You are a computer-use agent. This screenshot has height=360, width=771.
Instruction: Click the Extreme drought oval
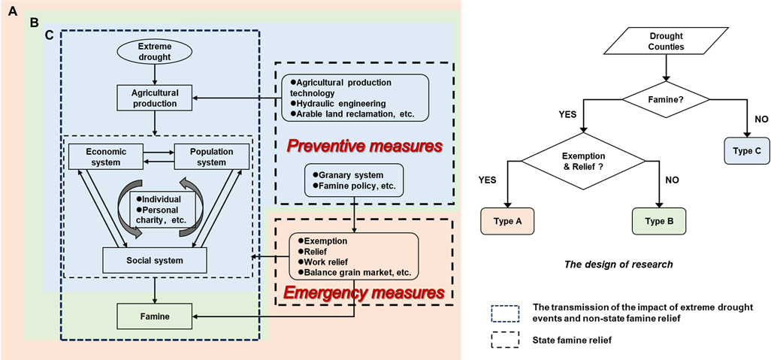pos(154,51)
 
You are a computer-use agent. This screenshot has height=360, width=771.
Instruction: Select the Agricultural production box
pos(154,97)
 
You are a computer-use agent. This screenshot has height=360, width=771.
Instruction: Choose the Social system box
pos(153,260)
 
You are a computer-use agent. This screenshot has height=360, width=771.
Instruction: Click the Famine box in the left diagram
pos(153,316)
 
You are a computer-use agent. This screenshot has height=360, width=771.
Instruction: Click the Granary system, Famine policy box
pos(354,180)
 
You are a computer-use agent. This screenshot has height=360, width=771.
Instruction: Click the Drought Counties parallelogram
pos(666,41)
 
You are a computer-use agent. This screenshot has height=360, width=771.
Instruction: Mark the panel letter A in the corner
pos(13,10)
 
